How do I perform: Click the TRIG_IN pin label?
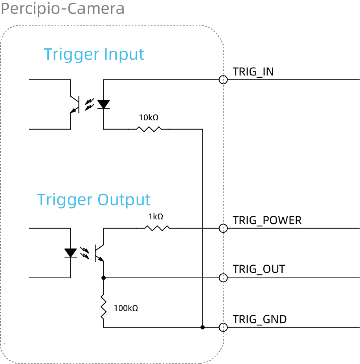pyautogui.click(x=253, y=72)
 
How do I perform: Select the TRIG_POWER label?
pyautogui.click(x=267, y=220)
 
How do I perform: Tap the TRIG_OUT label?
pyautogui.click(x=259, y=269)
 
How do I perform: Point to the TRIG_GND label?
pyautogui.click(x=259, y=320)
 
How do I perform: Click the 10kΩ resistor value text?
pyautogui.click(x=149, y=118)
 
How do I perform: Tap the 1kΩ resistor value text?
pyautogui.click(x=156, y=217)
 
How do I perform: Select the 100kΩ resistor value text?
pyautogui.click(x=126, y=308)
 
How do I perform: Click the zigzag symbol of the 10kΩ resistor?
pyautogui.click(x=149, y=129)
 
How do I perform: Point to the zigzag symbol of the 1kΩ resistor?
pyautogui.click(x=157, y=228)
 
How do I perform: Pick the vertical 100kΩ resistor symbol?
pyautogui.click(x=103, y=307)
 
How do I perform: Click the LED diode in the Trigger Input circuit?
pyautogui.click(x=103, y=104)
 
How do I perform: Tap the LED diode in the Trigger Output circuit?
pyautogui.click(x=71, y=253)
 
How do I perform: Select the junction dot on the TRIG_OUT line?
pyautogui.click(x=103, y=278)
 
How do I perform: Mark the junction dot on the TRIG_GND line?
pyautogui.click(x=203, y=327)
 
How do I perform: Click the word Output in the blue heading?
pyautogui.click(x=124, y=200)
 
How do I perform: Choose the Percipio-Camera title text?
pyautogui.click(x=62, y=8)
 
